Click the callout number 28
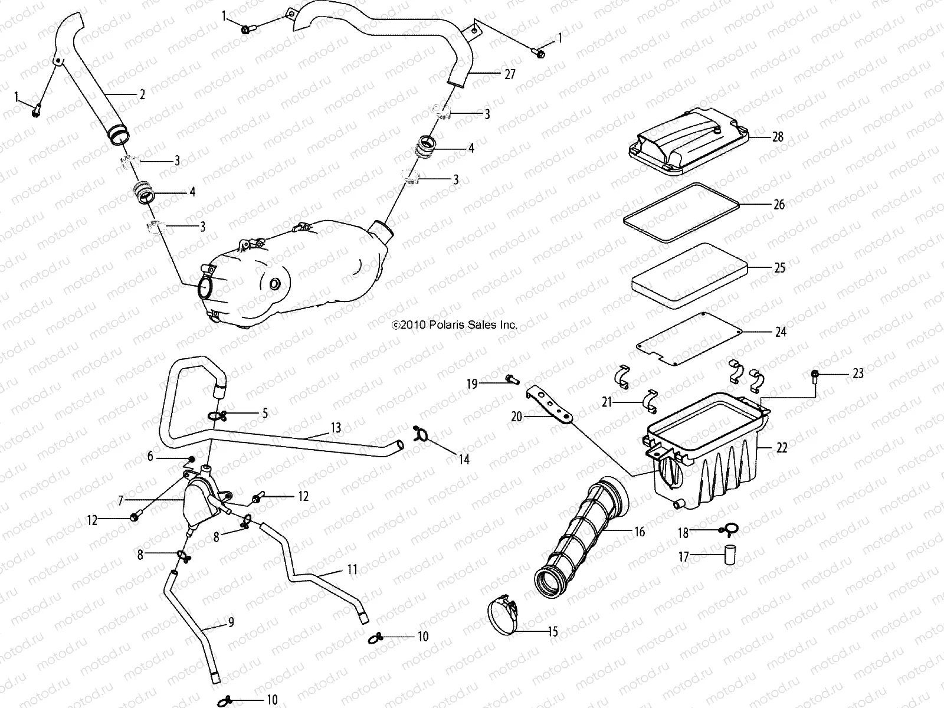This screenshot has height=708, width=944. (778, 137)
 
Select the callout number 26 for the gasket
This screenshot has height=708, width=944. (779, 205)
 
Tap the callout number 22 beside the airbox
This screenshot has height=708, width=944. (782, 448)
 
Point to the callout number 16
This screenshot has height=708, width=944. (639, 532)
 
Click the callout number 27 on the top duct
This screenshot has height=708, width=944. (510, 74)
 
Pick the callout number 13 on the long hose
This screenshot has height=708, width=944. (336, 428)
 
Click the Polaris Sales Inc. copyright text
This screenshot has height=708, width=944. (454, 324)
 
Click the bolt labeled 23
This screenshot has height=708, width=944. (815, 375)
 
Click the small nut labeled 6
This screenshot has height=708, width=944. (191, 460)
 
